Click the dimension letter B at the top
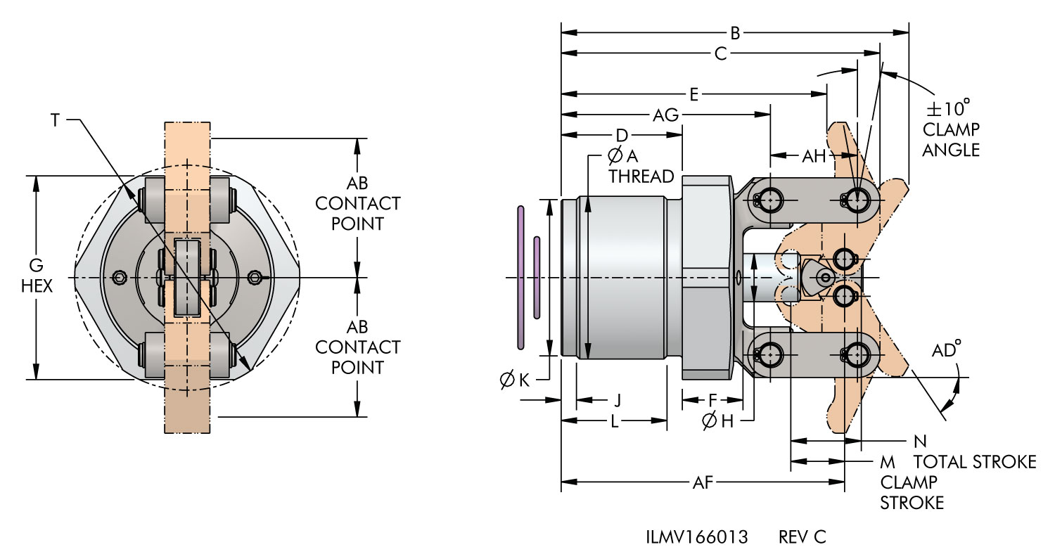735,32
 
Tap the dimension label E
693,95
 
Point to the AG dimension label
665,115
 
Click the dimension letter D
621,134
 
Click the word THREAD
641,176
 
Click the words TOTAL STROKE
975,461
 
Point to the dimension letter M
888,462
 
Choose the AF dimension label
703,482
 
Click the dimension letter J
617,400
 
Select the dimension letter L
614,421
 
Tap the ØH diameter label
717,421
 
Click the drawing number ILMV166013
696,537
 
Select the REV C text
803,537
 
